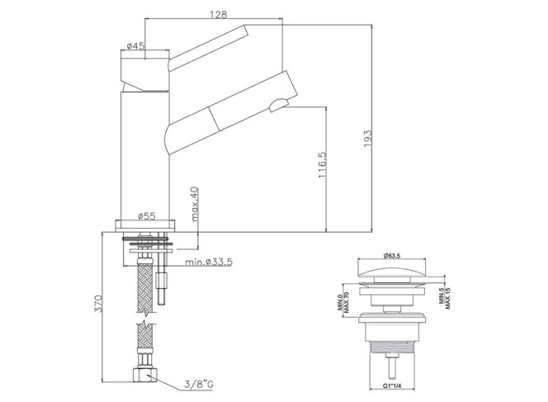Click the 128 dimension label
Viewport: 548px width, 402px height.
pos(219,14)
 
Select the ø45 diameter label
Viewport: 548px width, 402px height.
pos(135,45)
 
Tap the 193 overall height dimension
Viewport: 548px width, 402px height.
pos(367,138)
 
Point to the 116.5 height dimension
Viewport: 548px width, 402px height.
pos(322,164)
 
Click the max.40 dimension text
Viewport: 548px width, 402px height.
pos(194,204)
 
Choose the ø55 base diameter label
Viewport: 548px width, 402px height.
pos(146,216)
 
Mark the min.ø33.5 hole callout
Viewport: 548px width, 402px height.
pos(209,262)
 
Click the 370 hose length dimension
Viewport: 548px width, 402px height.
pos(98,304)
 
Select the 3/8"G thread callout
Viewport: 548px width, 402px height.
pos(199,385)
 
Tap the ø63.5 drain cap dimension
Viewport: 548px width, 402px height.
pos(391,256)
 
